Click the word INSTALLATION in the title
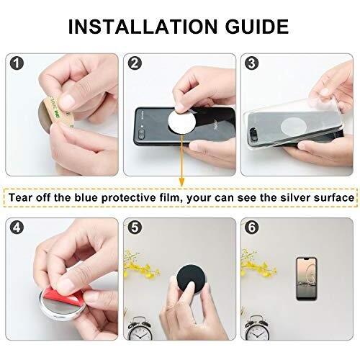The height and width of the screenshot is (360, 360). (x=143, y=27)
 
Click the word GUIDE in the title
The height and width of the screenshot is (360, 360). (x=257, y=27)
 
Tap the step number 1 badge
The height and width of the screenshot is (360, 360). (x=17, y=63)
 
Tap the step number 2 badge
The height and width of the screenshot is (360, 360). (x=135, y=63)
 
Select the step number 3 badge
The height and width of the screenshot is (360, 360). (x=251, y=63)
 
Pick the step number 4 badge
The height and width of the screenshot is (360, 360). (x=17, y=227)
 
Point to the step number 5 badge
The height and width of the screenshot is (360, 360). (x=135, y=227)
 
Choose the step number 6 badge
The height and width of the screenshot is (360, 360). (x=251, y=227)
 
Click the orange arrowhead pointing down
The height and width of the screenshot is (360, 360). (x=182, y=181)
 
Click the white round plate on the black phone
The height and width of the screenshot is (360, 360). (x=181, y=121)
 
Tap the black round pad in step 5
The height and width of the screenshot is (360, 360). (x=190, y=279)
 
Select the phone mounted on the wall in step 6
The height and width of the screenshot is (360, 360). (x=307, y=279)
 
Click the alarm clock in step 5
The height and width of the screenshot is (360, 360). (x=140, y=328)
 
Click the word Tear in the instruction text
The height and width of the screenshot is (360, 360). (x=21, y=197)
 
